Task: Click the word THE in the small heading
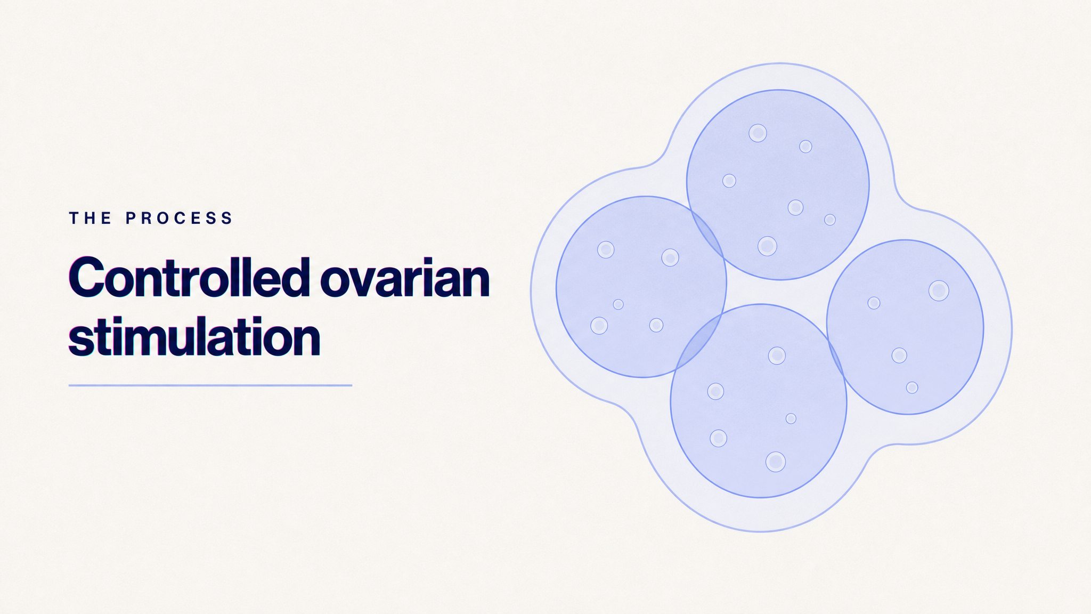(91, 218)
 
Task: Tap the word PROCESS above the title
(180, 218)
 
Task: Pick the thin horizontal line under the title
(210, 385)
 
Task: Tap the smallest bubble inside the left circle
(618, 304)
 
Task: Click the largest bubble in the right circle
(939, 291)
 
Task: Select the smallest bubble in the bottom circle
(791, 419)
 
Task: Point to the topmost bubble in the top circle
(758, 133)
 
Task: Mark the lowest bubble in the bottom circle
(776, 462)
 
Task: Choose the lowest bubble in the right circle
(912, 387)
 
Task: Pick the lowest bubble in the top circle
(767, 246)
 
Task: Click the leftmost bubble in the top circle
(729, 181)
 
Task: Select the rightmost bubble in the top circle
(830, 220)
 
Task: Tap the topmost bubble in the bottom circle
(777, 356)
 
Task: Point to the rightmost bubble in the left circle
(670, 258)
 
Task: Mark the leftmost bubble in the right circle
(874, 303)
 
